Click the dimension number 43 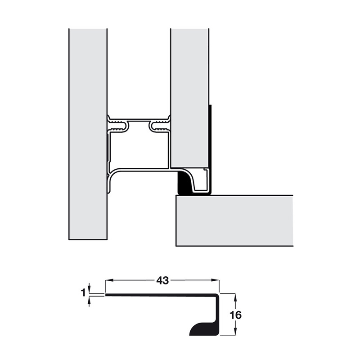(x=162, y=280)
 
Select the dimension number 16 (x=236, y=315)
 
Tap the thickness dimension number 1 (x=83, y=293)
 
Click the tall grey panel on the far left (x=88, y=135)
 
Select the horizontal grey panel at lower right (x=234, y=220)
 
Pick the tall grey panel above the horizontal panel (x=189, y=90)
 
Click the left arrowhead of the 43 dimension (x=108, y=280)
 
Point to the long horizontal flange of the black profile (x=162, y=295)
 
